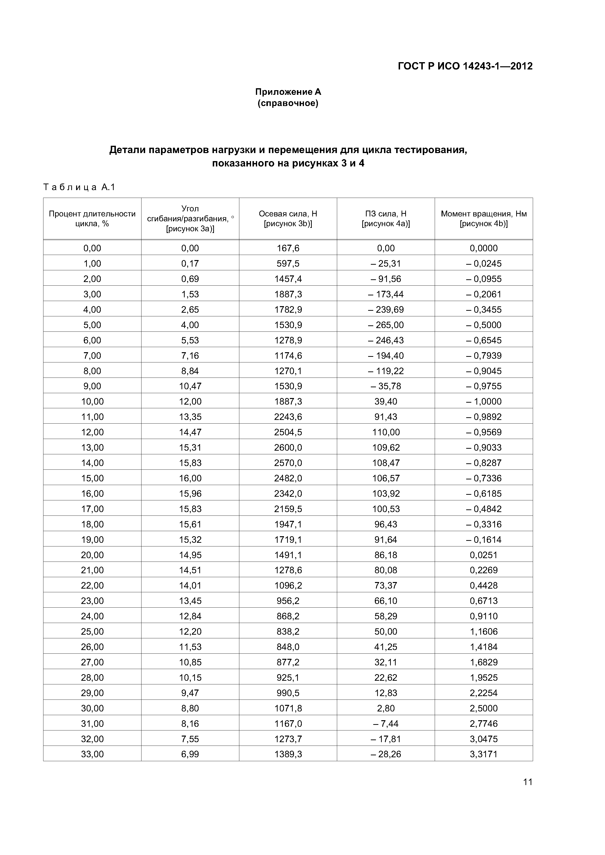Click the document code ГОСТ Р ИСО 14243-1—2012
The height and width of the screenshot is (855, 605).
point(465,66)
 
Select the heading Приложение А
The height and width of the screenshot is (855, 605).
point(288,92)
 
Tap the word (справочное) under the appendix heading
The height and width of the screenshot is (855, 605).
point(288,103)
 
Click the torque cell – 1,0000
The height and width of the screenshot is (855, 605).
point(484,401)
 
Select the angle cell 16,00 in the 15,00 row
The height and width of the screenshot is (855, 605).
point(190,478)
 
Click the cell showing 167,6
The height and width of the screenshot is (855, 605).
point(288,248)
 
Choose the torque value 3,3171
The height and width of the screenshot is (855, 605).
point(484,754)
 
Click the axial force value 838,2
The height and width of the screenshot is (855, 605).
point(288,632)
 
